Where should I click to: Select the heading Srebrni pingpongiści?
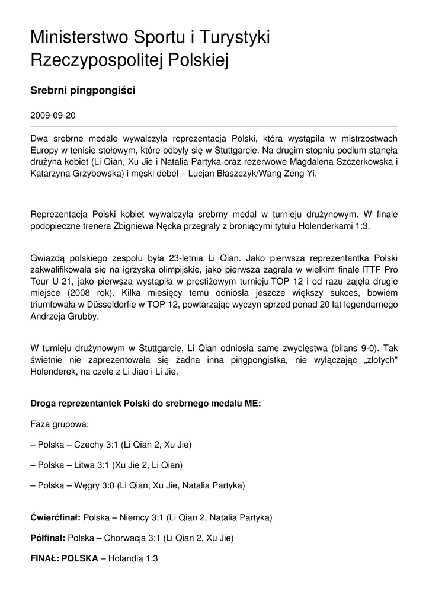(83, 91)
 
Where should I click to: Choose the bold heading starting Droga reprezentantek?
(146, 404)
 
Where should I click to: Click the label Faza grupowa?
(60, 424)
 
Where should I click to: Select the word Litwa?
(86, 465)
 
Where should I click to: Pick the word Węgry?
(88, 485)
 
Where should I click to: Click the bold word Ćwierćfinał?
(55, 517)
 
